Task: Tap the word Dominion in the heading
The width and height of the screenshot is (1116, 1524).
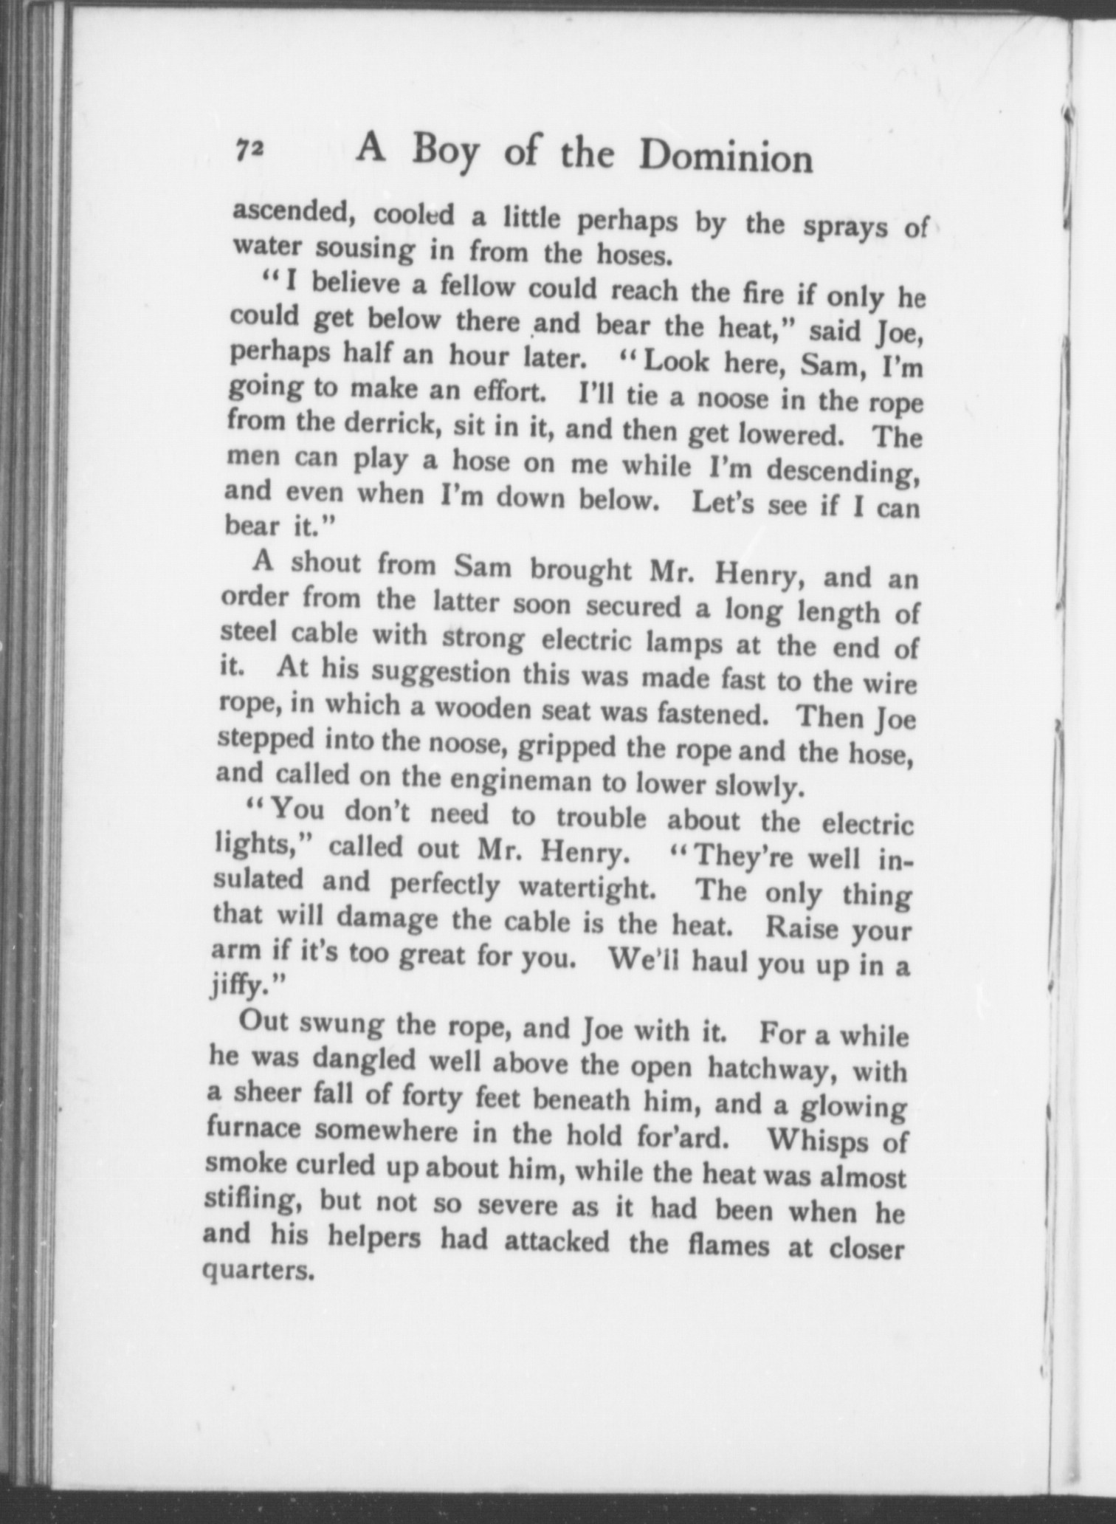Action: click(726, 157)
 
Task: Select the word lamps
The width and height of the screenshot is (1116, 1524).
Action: click(683, 643)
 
